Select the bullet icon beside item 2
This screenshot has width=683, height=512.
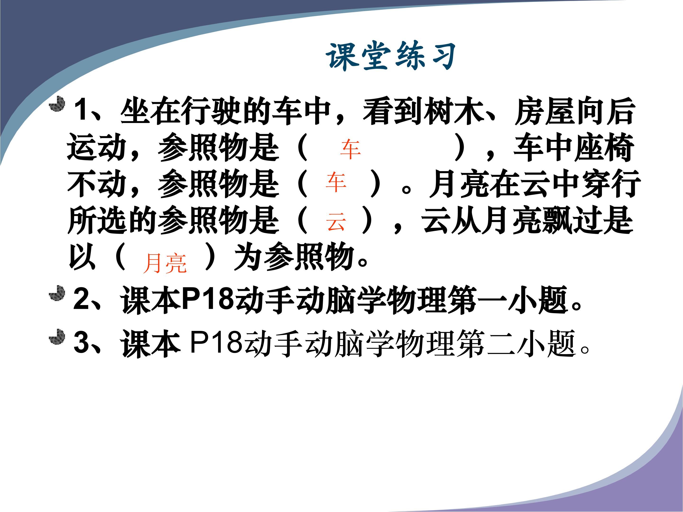(x=57, y=293)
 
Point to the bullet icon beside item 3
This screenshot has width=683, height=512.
(x=57, y=336)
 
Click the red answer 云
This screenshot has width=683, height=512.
(x=336, y=222)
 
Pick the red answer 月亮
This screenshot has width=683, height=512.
(x=165, y=263)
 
